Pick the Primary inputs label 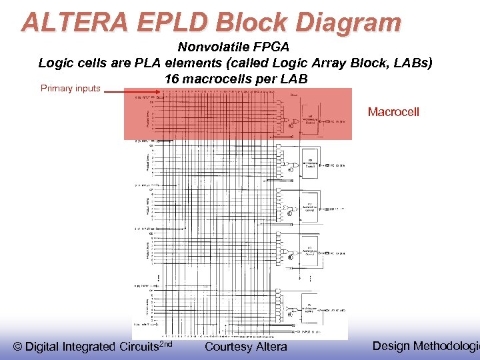[71, 89]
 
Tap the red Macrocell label [393, 112]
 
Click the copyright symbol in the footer [18, 347]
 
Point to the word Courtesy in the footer [228, 347]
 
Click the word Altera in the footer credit [271, 347]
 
